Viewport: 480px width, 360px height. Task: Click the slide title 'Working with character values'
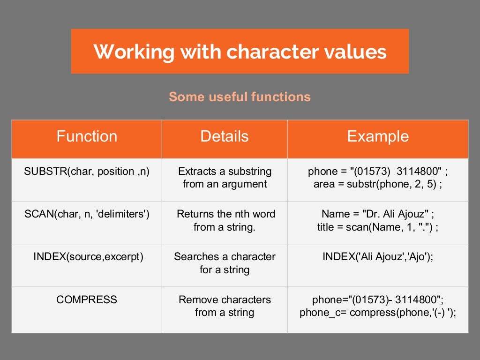240,52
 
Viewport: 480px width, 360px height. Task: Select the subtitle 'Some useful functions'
240,97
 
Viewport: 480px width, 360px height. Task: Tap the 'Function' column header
87,136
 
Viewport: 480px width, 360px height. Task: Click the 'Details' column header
225,136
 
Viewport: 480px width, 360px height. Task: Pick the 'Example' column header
378,136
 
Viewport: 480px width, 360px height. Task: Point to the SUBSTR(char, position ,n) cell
87,172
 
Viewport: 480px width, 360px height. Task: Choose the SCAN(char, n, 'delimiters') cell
87,214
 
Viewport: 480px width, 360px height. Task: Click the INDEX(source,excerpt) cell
87,257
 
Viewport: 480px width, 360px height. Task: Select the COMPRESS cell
87,300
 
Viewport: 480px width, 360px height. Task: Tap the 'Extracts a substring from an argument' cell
225,178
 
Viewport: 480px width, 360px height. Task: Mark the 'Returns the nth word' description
225,214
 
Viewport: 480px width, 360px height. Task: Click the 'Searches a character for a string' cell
225,263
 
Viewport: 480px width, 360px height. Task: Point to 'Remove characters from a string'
225,306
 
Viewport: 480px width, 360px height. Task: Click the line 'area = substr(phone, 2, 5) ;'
378,184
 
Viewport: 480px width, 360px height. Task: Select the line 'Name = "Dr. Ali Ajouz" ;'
378,214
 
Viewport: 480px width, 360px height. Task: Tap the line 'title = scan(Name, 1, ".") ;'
378,227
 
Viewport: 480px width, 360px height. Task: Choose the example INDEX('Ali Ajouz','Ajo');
378,257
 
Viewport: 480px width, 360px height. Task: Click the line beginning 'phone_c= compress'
378,313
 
